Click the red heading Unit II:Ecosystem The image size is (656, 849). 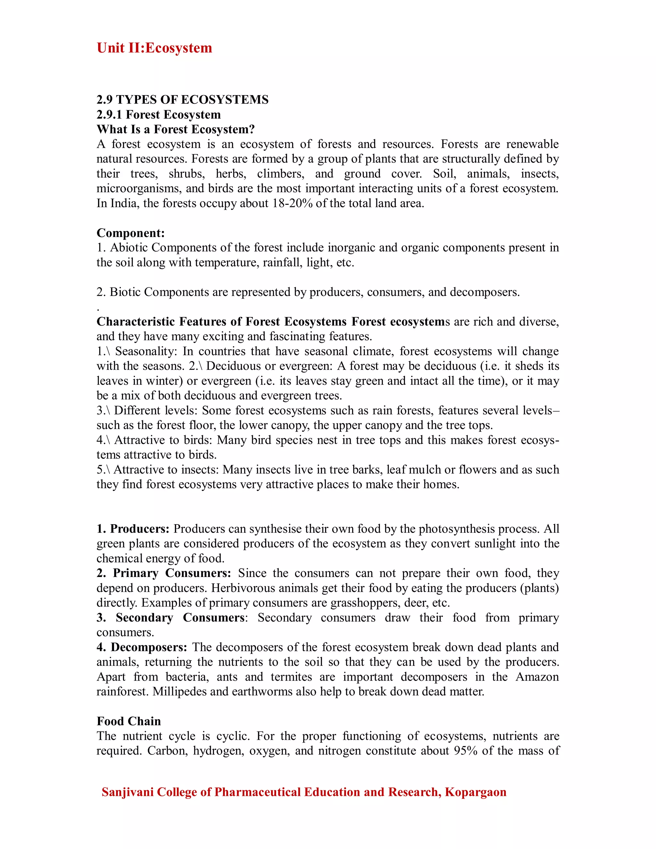tap(154, 48)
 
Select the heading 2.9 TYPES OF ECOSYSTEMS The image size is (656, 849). tap(182, 100)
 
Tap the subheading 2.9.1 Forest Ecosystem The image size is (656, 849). tap(159, 115)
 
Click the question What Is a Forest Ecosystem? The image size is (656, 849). tap(175, 129)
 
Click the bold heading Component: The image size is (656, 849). tap(131, 233)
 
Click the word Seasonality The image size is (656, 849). tap(146, 351)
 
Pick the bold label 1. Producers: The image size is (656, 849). tap(133, 529)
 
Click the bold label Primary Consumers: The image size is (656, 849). tap(172, 573)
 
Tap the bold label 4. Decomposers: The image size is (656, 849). tap(142, 647)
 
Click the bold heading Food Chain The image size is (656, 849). tap(129, 721)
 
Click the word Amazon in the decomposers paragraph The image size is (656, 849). tap(537, 677)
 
